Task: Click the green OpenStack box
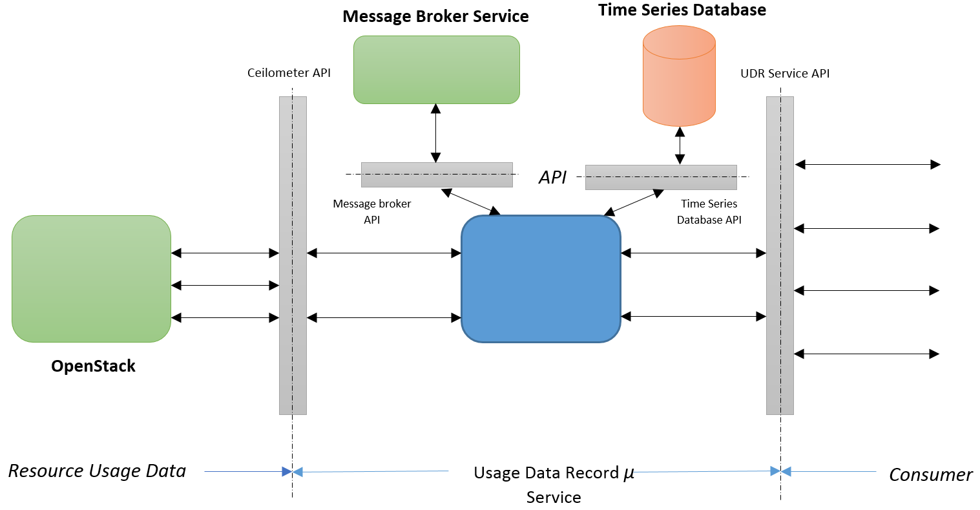point(91,279)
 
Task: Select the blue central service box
point(541,279)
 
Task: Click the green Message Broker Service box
point(437,70)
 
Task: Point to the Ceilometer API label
point(289,73)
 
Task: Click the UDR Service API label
point(785,74)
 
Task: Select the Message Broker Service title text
point(435,16)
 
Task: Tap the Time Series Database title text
point(682,10)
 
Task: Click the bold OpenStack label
point(94,366)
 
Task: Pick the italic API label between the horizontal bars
point(552,178)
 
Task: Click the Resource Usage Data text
point(97,471)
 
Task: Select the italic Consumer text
point(930,475)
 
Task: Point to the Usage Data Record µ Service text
point(554,484)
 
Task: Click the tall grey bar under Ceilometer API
point(293,362)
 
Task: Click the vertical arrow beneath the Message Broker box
point(436,133)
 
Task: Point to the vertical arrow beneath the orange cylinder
point(680,145)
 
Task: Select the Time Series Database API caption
point(709,211)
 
